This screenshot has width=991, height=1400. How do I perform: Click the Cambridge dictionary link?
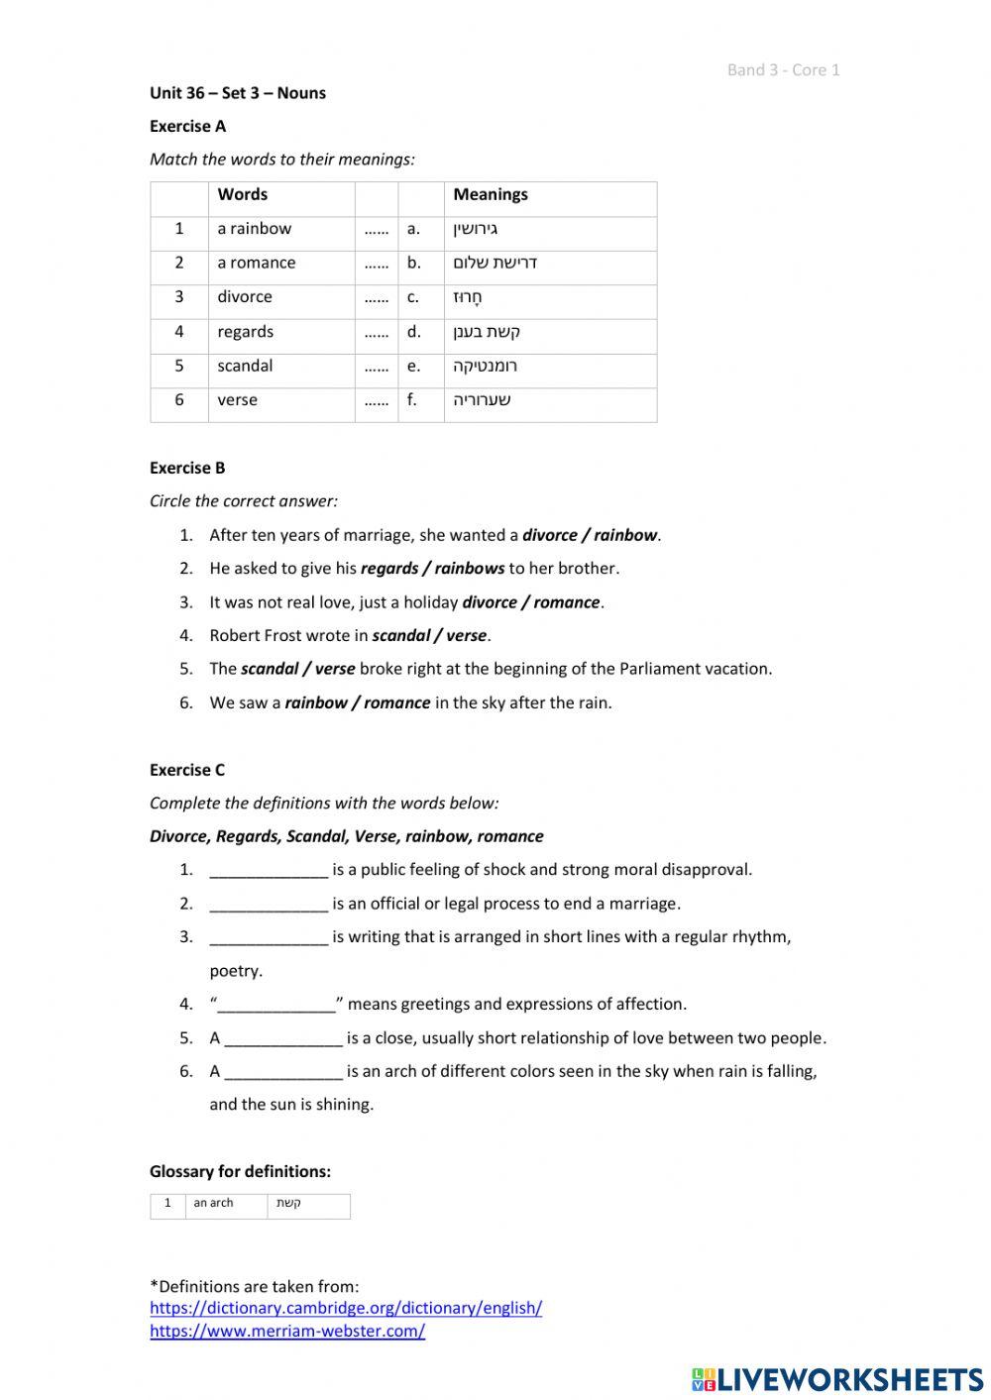pos(345,1308)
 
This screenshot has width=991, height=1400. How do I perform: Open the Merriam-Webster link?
pos(287,1331)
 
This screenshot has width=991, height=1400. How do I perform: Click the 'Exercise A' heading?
pos(187,126)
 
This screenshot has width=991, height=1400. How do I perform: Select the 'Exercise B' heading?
pos(187,468)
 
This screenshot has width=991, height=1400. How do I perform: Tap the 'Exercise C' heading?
pos(187,770)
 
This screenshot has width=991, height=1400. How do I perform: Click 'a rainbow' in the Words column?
pos(255,229)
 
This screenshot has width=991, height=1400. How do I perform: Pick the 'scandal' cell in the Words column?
pos(245,366)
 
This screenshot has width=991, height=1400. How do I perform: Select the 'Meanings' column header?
pos(491,194)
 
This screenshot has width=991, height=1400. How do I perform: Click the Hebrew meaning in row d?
pos(487,332)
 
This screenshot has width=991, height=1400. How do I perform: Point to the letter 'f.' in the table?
pos(412,400)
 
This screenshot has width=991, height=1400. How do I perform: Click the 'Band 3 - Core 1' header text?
pos(783,69)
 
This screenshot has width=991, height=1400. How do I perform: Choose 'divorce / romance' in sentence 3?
pos(531,602)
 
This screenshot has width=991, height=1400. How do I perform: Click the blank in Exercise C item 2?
pos(269,904)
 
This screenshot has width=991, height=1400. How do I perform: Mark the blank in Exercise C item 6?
pos(283,1071)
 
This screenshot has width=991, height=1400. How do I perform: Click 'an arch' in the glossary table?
pos(213,1203)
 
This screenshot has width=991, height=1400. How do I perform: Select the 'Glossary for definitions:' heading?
pos(240,1171)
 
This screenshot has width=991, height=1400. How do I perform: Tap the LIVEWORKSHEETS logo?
pos(837,1378)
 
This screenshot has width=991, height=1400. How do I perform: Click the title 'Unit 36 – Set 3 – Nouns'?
pos(238,93)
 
